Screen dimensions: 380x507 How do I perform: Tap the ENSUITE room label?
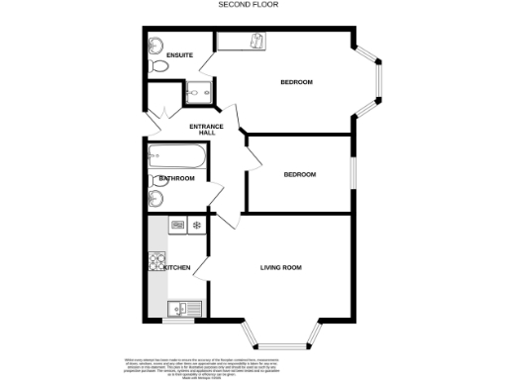(179, 54)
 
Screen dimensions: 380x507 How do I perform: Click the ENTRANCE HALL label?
(206, 131)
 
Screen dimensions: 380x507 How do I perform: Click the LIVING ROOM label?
(280, 267)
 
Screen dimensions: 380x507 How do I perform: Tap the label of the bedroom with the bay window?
(296, 82)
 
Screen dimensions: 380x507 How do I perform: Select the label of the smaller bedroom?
(299, 174)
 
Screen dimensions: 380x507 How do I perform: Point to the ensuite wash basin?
(155, 46)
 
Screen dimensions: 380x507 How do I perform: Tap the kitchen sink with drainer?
(184, 308)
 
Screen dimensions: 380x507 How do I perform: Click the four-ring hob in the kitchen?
(156, 262)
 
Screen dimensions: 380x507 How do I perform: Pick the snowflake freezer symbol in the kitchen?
(196, 226)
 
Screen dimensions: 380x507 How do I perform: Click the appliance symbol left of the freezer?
(177, 226)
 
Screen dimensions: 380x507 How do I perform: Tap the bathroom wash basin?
(153, 199)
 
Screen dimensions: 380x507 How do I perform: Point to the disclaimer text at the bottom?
(253, 364)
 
